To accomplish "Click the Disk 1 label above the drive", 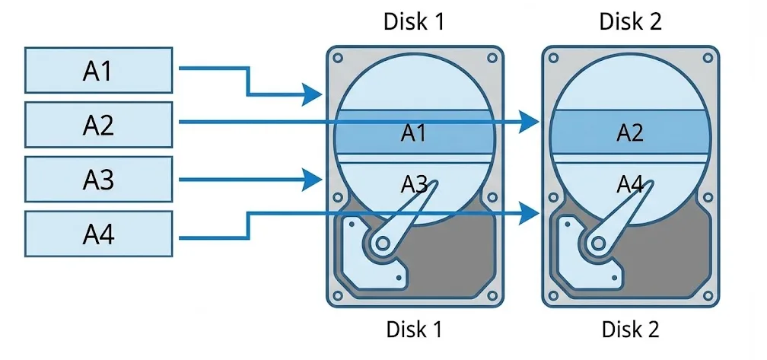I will tap(414, 21).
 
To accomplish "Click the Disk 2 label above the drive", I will tap(630, 21).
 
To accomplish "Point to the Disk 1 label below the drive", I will tap(414, 330).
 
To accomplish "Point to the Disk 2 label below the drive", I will tap(630, 330).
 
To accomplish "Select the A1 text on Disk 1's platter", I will tap(414, 134).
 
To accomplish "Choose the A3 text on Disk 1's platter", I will tap(414, 183).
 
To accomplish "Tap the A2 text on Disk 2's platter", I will tap(629, 134).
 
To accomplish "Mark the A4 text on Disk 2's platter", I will tap(629, 183).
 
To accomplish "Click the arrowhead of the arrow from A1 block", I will tap(313, 95).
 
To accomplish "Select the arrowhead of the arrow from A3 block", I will tap(313, 180).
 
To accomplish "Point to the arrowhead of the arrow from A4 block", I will tap(530, 215).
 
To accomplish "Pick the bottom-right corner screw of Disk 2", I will tap(705, 295).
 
